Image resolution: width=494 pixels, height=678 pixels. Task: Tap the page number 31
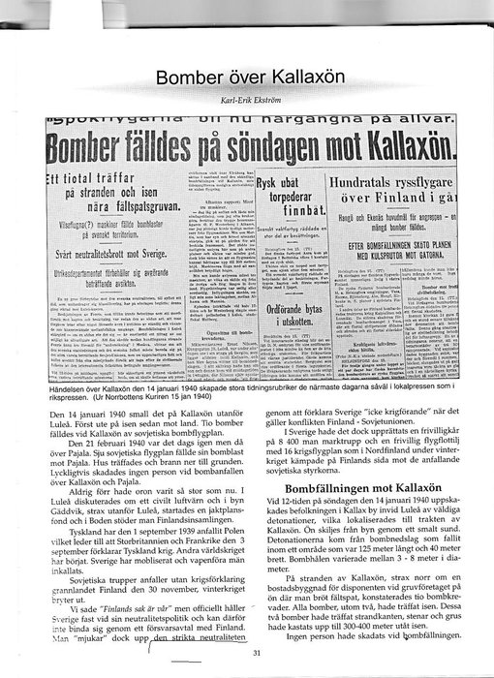[256, 652]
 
